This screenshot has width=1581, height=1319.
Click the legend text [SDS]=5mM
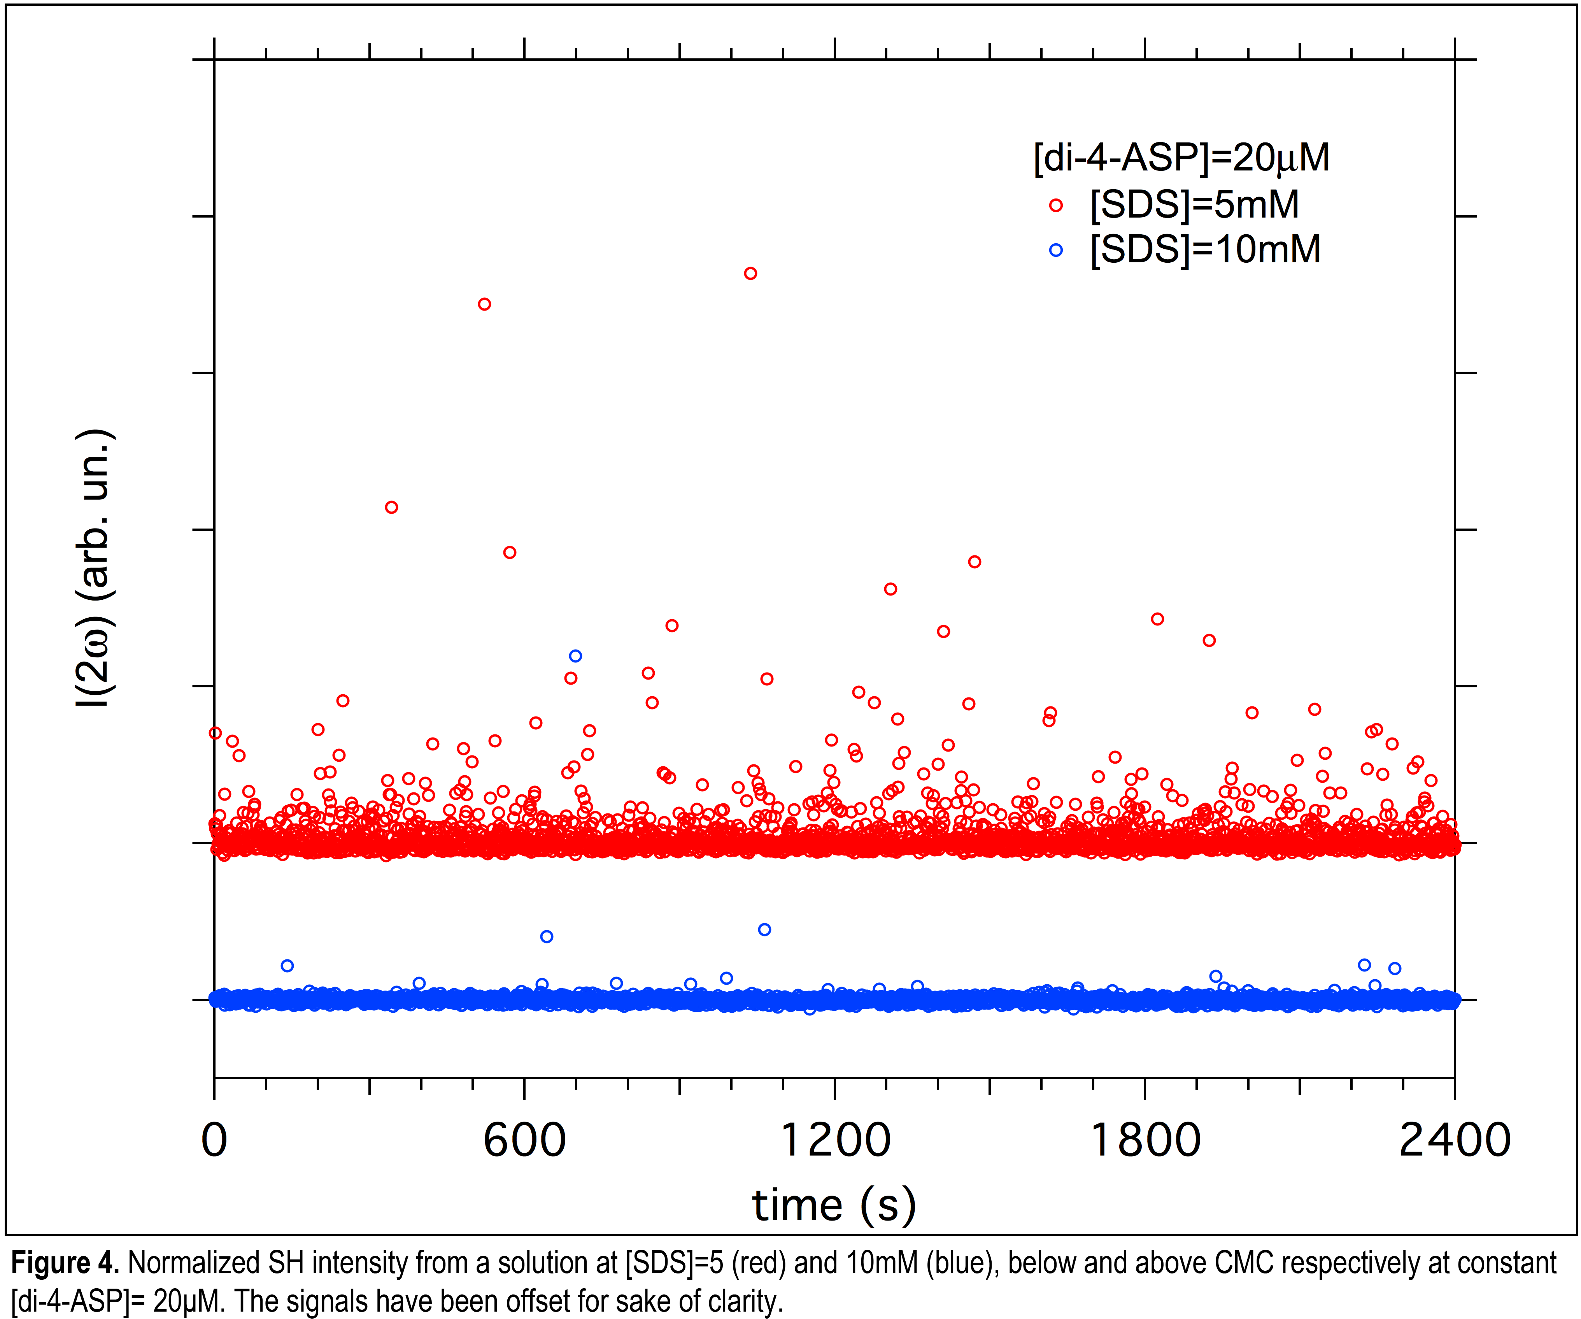pyautogui.click(x=1195, y=205)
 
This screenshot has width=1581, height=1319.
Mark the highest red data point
pyautogui.click(x=750, y=274)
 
